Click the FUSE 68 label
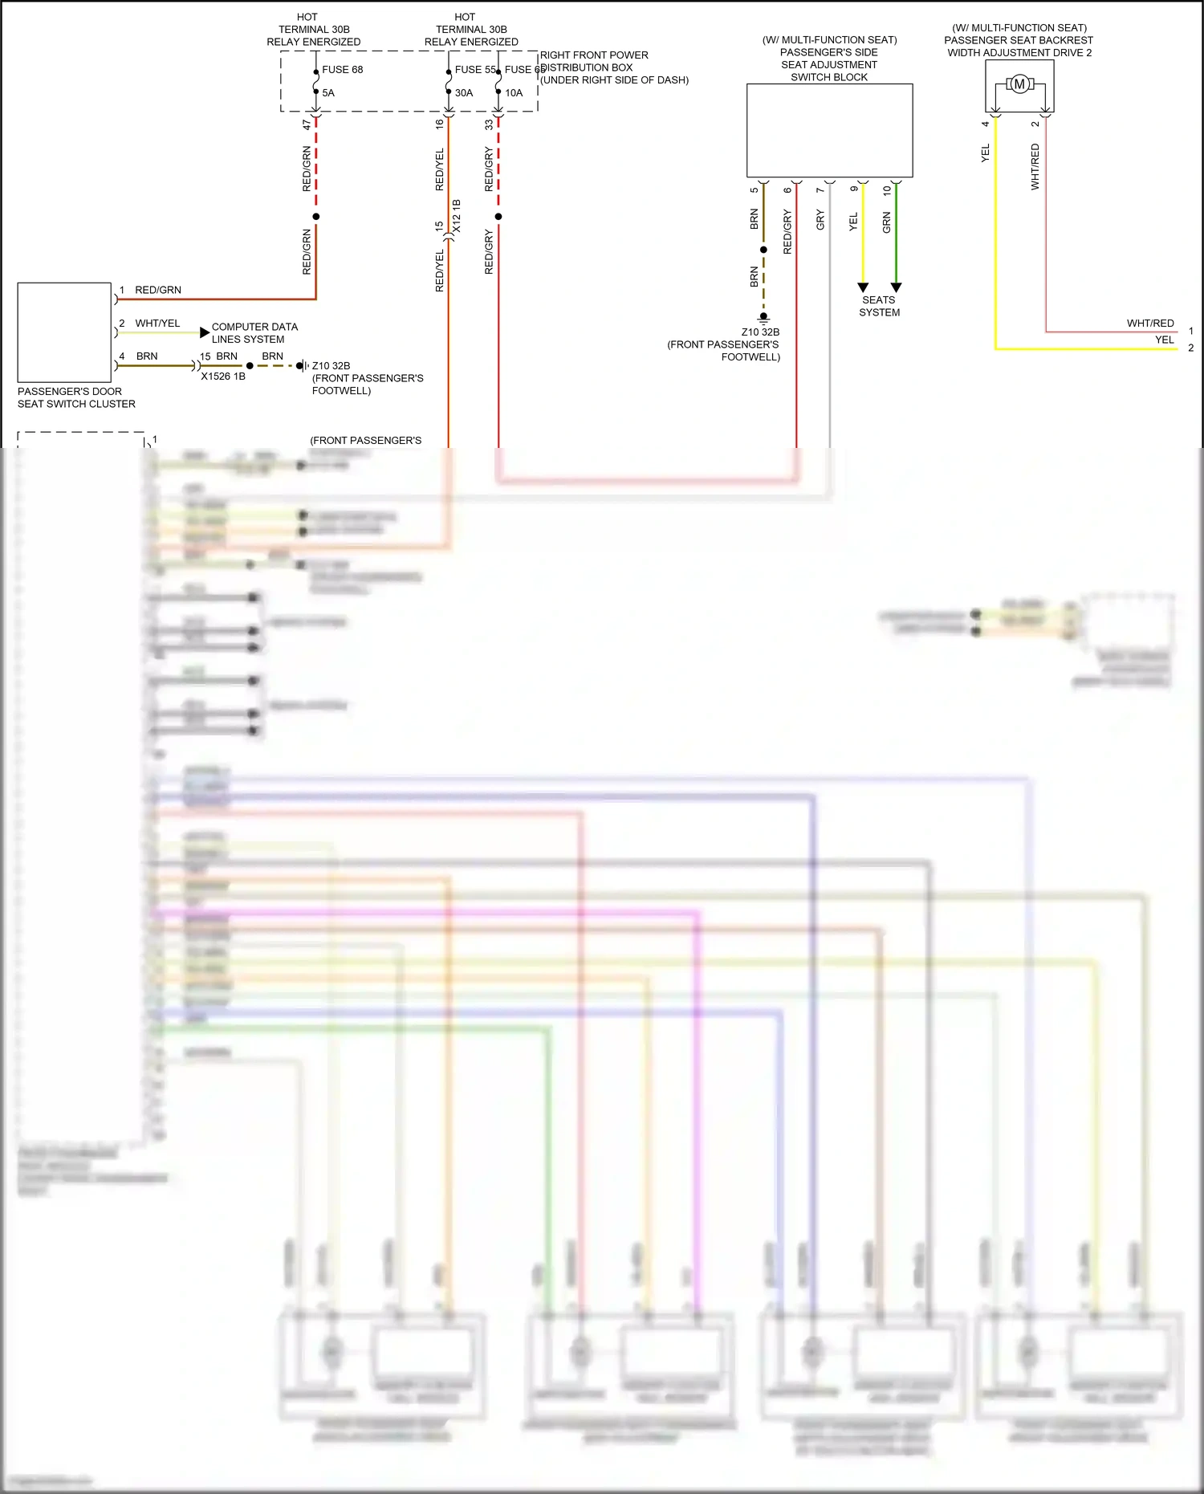coord(342,70)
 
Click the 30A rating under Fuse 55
coord(464,93)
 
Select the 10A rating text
coord(514,93)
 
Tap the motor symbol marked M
coord(1019,83)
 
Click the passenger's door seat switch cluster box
coord(64,332)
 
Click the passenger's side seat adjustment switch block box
coord(829,130)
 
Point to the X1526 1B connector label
coord(223,377)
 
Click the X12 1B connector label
coord(457,217)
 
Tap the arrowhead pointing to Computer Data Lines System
coord(205,332)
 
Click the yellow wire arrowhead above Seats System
coord(863,287)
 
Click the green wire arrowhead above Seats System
coord(897,287)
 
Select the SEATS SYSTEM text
coord(879,307)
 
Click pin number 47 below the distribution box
coord(307,125)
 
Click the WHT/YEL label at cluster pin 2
coord(157,324)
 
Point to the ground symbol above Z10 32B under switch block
coord(763,318)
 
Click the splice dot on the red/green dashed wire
coord(316,217)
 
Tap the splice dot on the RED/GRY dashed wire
coord(498,217)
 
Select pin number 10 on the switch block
coord(887,191)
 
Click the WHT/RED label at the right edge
coord(1149,324)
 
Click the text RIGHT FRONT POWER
coord(594,55)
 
